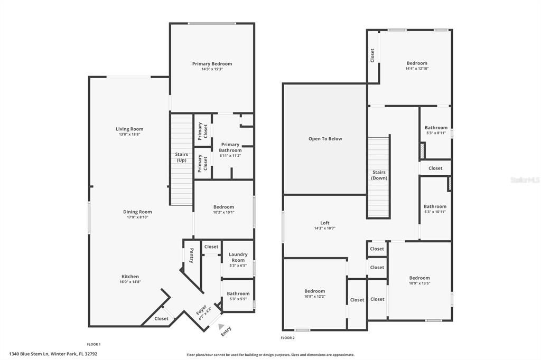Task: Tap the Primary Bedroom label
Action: [212, 64]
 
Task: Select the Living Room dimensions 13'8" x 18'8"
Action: [129, 135]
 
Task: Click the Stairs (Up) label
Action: [182, 157]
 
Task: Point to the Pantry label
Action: [191, 255]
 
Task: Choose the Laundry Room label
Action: [238, 257]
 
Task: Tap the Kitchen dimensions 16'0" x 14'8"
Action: [130, 282]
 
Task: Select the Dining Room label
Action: [137, 212]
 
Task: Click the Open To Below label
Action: [325, 139]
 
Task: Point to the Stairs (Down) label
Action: [379, 175]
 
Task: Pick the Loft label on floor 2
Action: [324, 223]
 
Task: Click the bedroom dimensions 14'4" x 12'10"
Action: [417, 69]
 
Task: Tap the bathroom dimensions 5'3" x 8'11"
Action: [436, 132]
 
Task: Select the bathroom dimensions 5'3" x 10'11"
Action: [435, 212]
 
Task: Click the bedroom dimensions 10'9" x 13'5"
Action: [419, 283]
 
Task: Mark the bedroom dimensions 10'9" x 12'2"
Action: [314, 296]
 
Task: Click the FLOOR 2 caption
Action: [287, 337]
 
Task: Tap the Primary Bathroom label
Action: [230, 147]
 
